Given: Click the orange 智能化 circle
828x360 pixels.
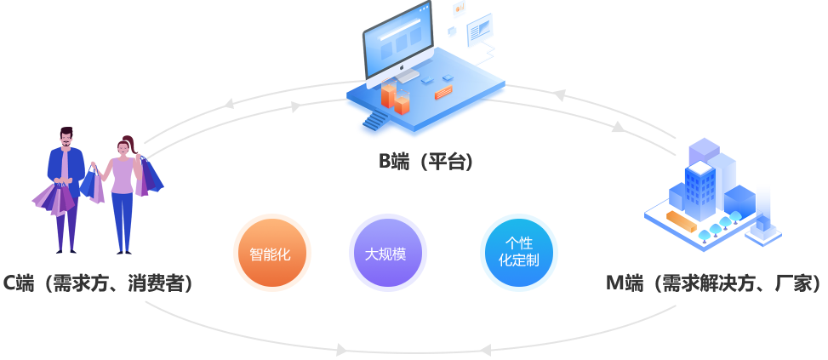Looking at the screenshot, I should (271, 254).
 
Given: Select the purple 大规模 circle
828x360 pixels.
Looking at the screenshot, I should (386, 254).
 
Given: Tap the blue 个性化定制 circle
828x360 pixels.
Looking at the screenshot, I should (518, 253).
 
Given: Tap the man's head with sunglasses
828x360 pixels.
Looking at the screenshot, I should (66, 137).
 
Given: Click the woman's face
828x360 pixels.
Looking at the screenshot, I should (124, 148).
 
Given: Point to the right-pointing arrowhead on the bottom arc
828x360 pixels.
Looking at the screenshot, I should (342, 350).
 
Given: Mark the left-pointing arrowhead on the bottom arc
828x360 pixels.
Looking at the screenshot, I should (483, 350).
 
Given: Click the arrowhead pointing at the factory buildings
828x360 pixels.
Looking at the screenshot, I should (618, 128).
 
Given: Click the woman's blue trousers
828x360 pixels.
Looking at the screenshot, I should (123, 220).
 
